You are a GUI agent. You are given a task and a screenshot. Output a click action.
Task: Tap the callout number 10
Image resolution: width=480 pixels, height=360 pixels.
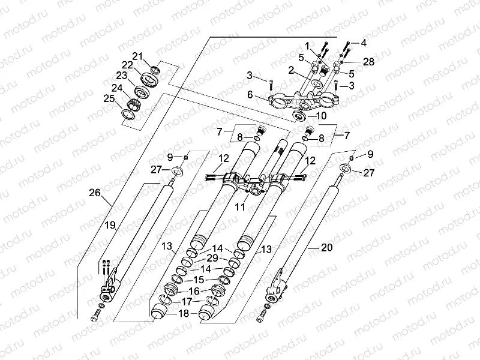[x=320, y=115]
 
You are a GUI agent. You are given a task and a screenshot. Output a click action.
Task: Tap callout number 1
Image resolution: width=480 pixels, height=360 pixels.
[x=307, y=46]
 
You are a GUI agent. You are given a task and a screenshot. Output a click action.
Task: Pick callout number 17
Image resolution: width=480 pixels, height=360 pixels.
[x=187, y=301]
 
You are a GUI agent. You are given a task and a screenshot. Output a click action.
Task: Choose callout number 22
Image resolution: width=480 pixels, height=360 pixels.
[x=127, y=65]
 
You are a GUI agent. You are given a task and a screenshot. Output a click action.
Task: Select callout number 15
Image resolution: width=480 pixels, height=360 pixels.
[x=199, y=280]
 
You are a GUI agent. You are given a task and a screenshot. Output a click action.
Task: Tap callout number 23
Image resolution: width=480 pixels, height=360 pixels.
[x=122, y=76]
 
